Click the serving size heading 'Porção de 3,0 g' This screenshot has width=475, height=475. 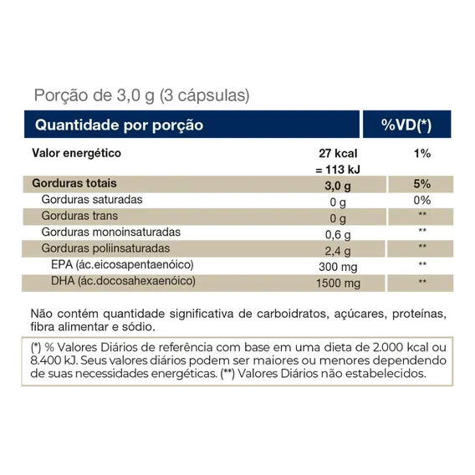(x=94, y=95)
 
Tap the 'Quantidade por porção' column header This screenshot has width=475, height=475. (x=119, y=125)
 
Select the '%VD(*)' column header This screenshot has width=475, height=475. (x=406, y=125)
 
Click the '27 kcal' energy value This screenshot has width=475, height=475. (x=338, y=153)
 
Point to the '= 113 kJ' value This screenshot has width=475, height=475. (x=338, y=170)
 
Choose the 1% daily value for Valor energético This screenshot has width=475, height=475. (x=422, y=154)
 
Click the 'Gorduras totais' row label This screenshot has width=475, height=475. (x=74, y=183)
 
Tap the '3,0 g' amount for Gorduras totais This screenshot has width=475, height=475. (x=338, y=186)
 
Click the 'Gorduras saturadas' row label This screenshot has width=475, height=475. (x=92, y=200)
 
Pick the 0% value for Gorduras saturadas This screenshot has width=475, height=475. (x=422, y=200)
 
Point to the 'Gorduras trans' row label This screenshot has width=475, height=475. (x=79, y=216)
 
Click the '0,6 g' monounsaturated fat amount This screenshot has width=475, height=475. (x=338, y=234)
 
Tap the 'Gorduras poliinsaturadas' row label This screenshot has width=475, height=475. (x=105, y=248)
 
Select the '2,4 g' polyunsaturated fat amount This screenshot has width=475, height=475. (x=338, y=251)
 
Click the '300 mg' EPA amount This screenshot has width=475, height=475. (x=338, y=267)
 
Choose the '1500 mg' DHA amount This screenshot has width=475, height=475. (x=338, y=283)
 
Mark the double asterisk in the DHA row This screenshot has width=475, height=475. (x=422, y=282)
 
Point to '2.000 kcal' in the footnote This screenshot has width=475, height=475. (x=401, y=347)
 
